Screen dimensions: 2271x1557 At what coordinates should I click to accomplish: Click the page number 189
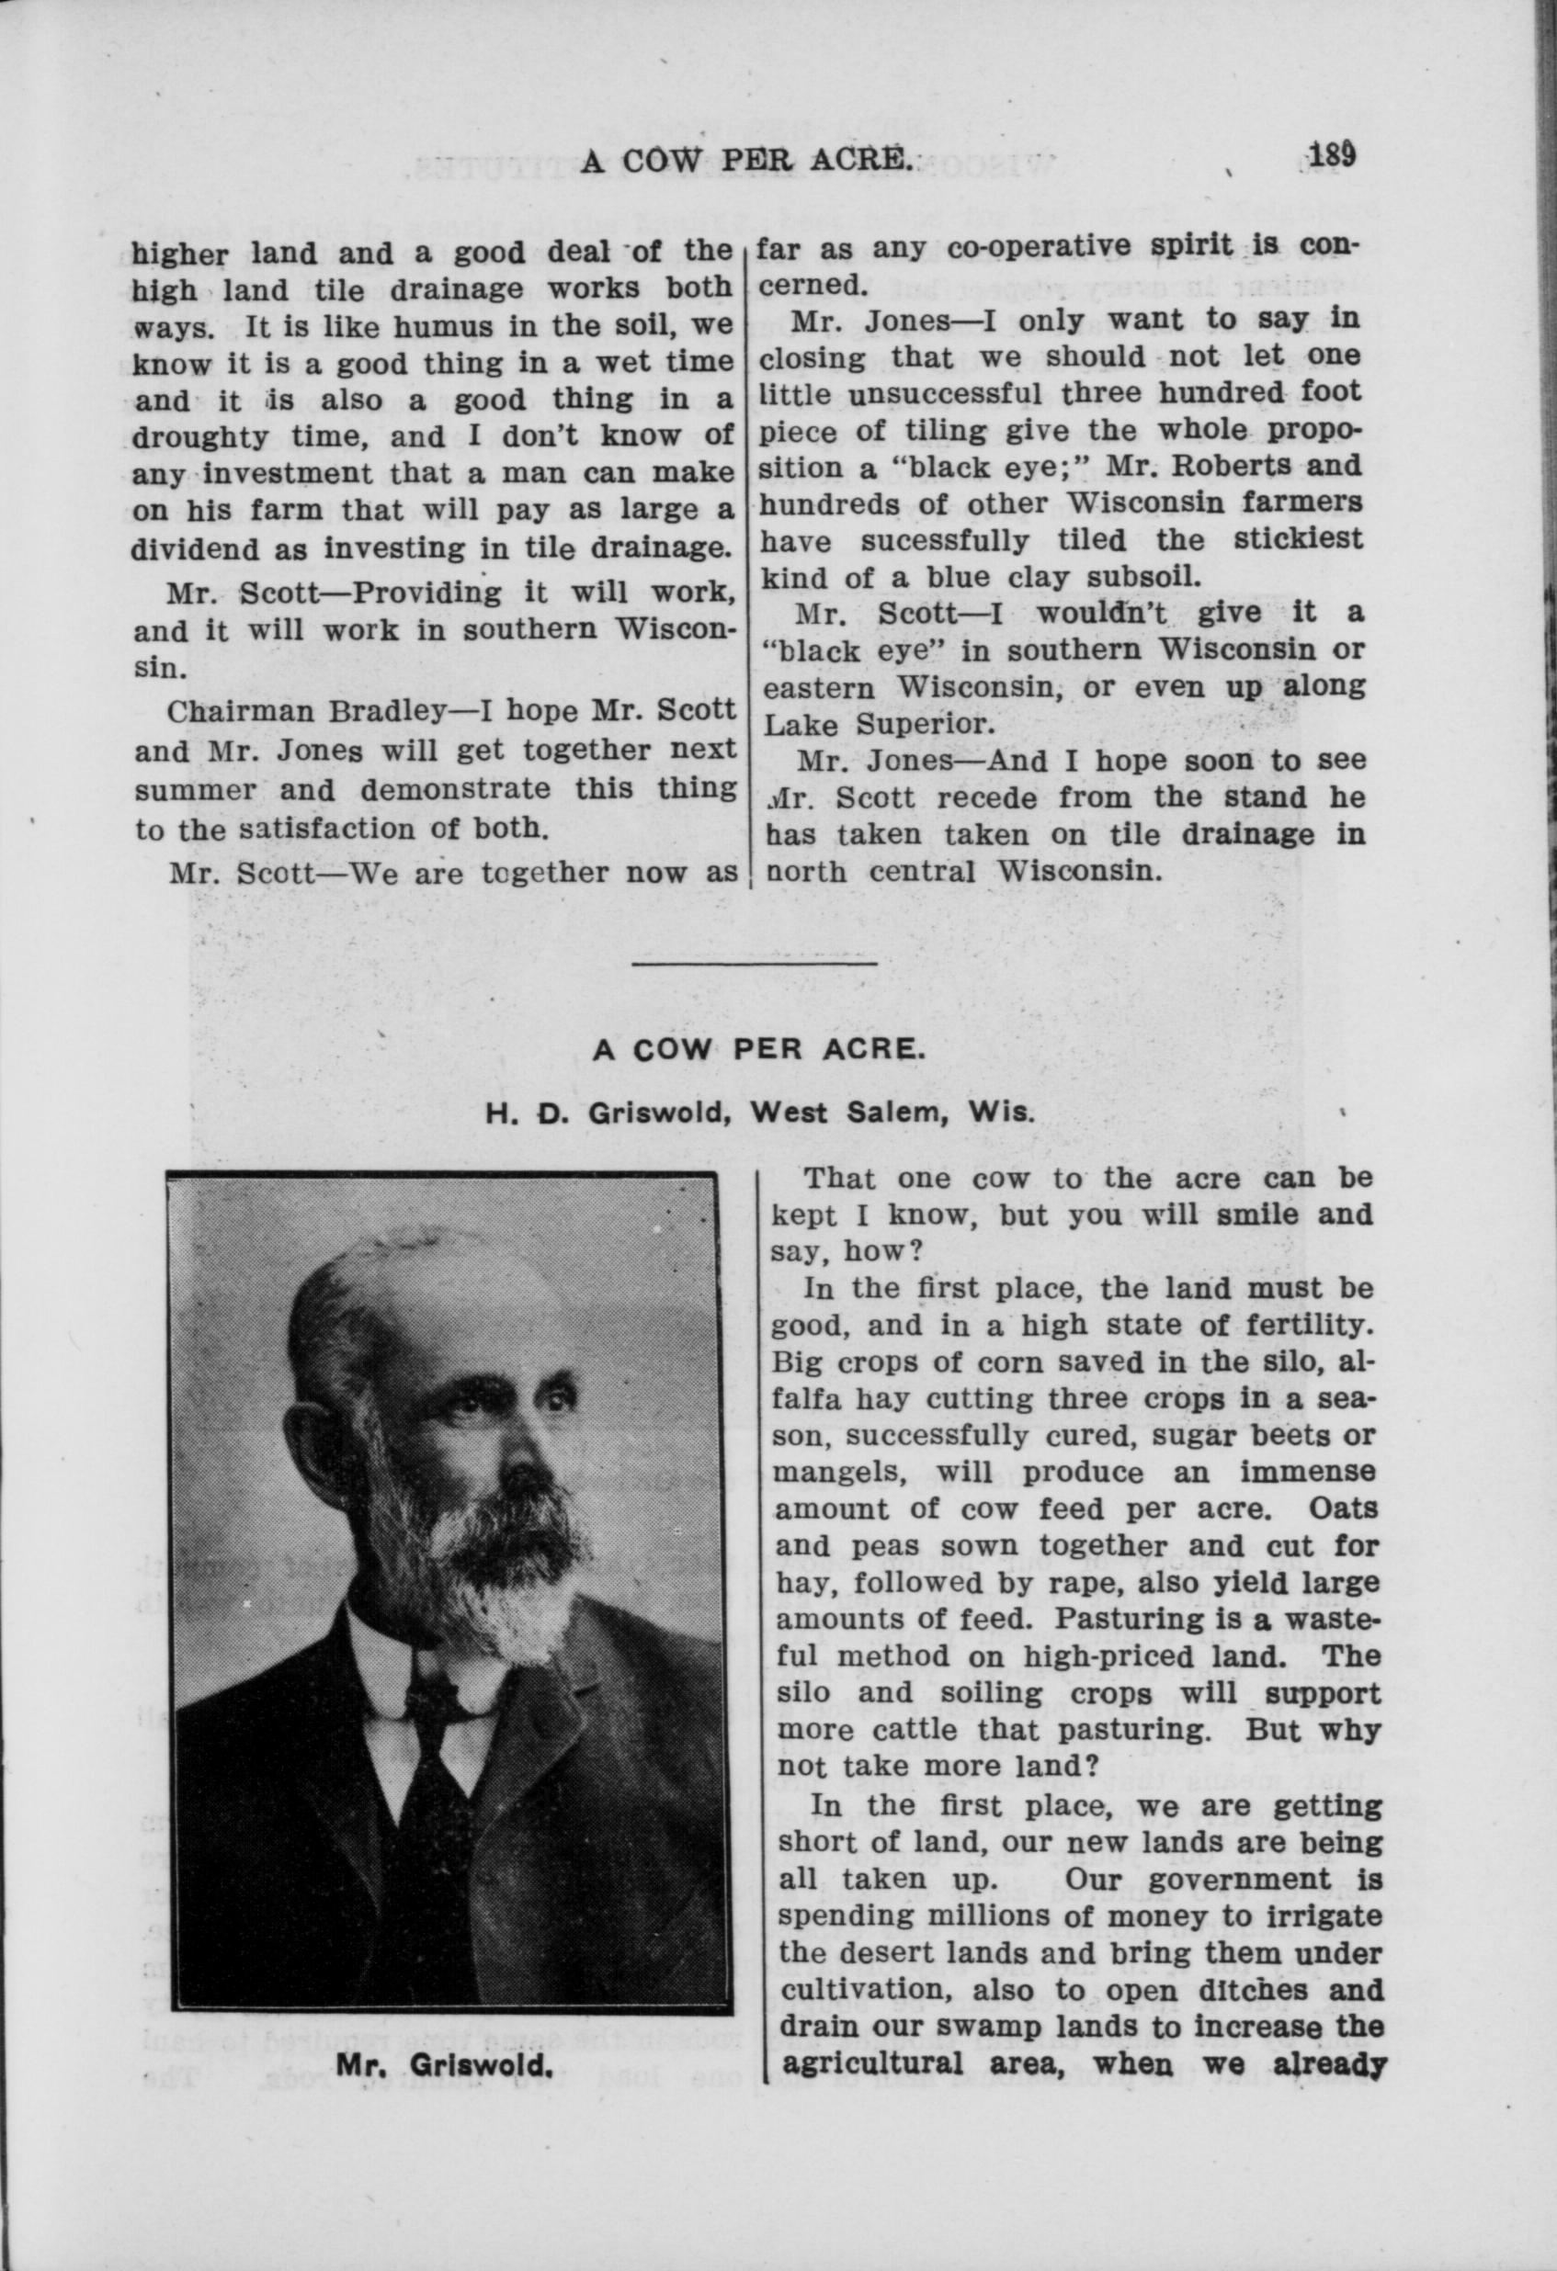click(1330, 155)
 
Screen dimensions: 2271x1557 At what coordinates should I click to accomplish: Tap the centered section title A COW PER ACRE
click(757, 1048)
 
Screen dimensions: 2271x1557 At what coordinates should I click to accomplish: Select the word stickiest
click(1297, 540)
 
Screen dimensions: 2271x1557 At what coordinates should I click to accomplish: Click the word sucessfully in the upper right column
click(945, 540)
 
